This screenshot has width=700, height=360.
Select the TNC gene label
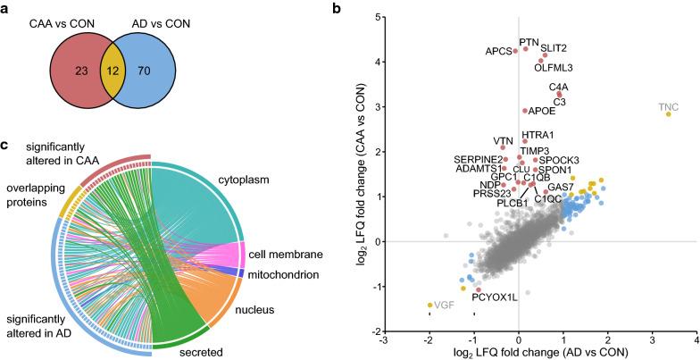click(669, 108)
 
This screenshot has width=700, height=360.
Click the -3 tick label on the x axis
click(385, 339)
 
